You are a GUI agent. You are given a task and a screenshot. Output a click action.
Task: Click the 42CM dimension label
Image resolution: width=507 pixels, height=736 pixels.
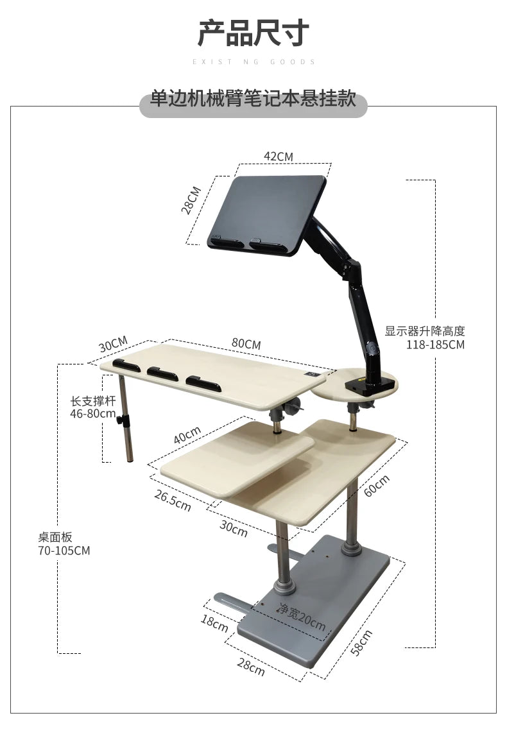pyautogui.click(x=279, y=157)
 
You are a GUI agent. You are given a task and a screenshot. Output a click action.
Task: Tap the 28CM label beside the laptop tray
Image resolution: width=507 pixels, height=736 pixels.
pyautogui.click(x=191, y=200)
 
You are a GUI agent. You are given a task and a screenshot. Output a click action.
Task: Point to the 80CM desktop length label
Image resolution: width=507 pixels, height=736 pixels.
pyautogui.click(x=246, y=343)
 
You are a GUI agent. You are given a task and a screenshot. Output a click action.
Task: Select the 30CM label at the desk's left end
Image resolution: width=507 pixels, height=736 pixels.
pyautogui.click(x=113, y=344)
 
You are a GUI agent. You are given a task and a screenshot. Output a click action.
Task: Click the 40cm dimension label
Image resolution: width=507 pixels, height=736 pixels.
pyautogui.click(x=187, y=435)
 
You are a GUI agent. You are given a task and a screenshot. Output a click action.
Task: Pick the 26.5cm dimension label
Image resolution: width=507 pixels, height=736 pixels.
pyautogui.click(x=172, y=501)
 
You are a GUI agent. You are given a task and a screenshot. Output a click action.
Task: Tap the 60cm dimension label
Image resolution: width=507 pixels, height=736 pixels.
pyautogui.click(x=377, y=485)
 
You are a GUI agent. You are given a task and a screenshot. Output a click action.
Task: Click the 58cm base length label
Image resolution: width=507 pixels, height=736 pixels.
pyautogui.click(x=361, y=642)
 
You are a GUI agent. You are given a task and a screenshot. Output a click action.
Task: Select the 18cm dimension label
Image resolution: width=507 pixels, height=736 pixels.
pyautogui.click(x=214, y=623)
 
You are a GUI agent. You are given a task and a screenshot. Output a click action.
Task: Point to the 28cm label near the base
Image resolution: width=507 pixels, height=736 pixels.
pyautogui.click(x=251, y=667)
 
